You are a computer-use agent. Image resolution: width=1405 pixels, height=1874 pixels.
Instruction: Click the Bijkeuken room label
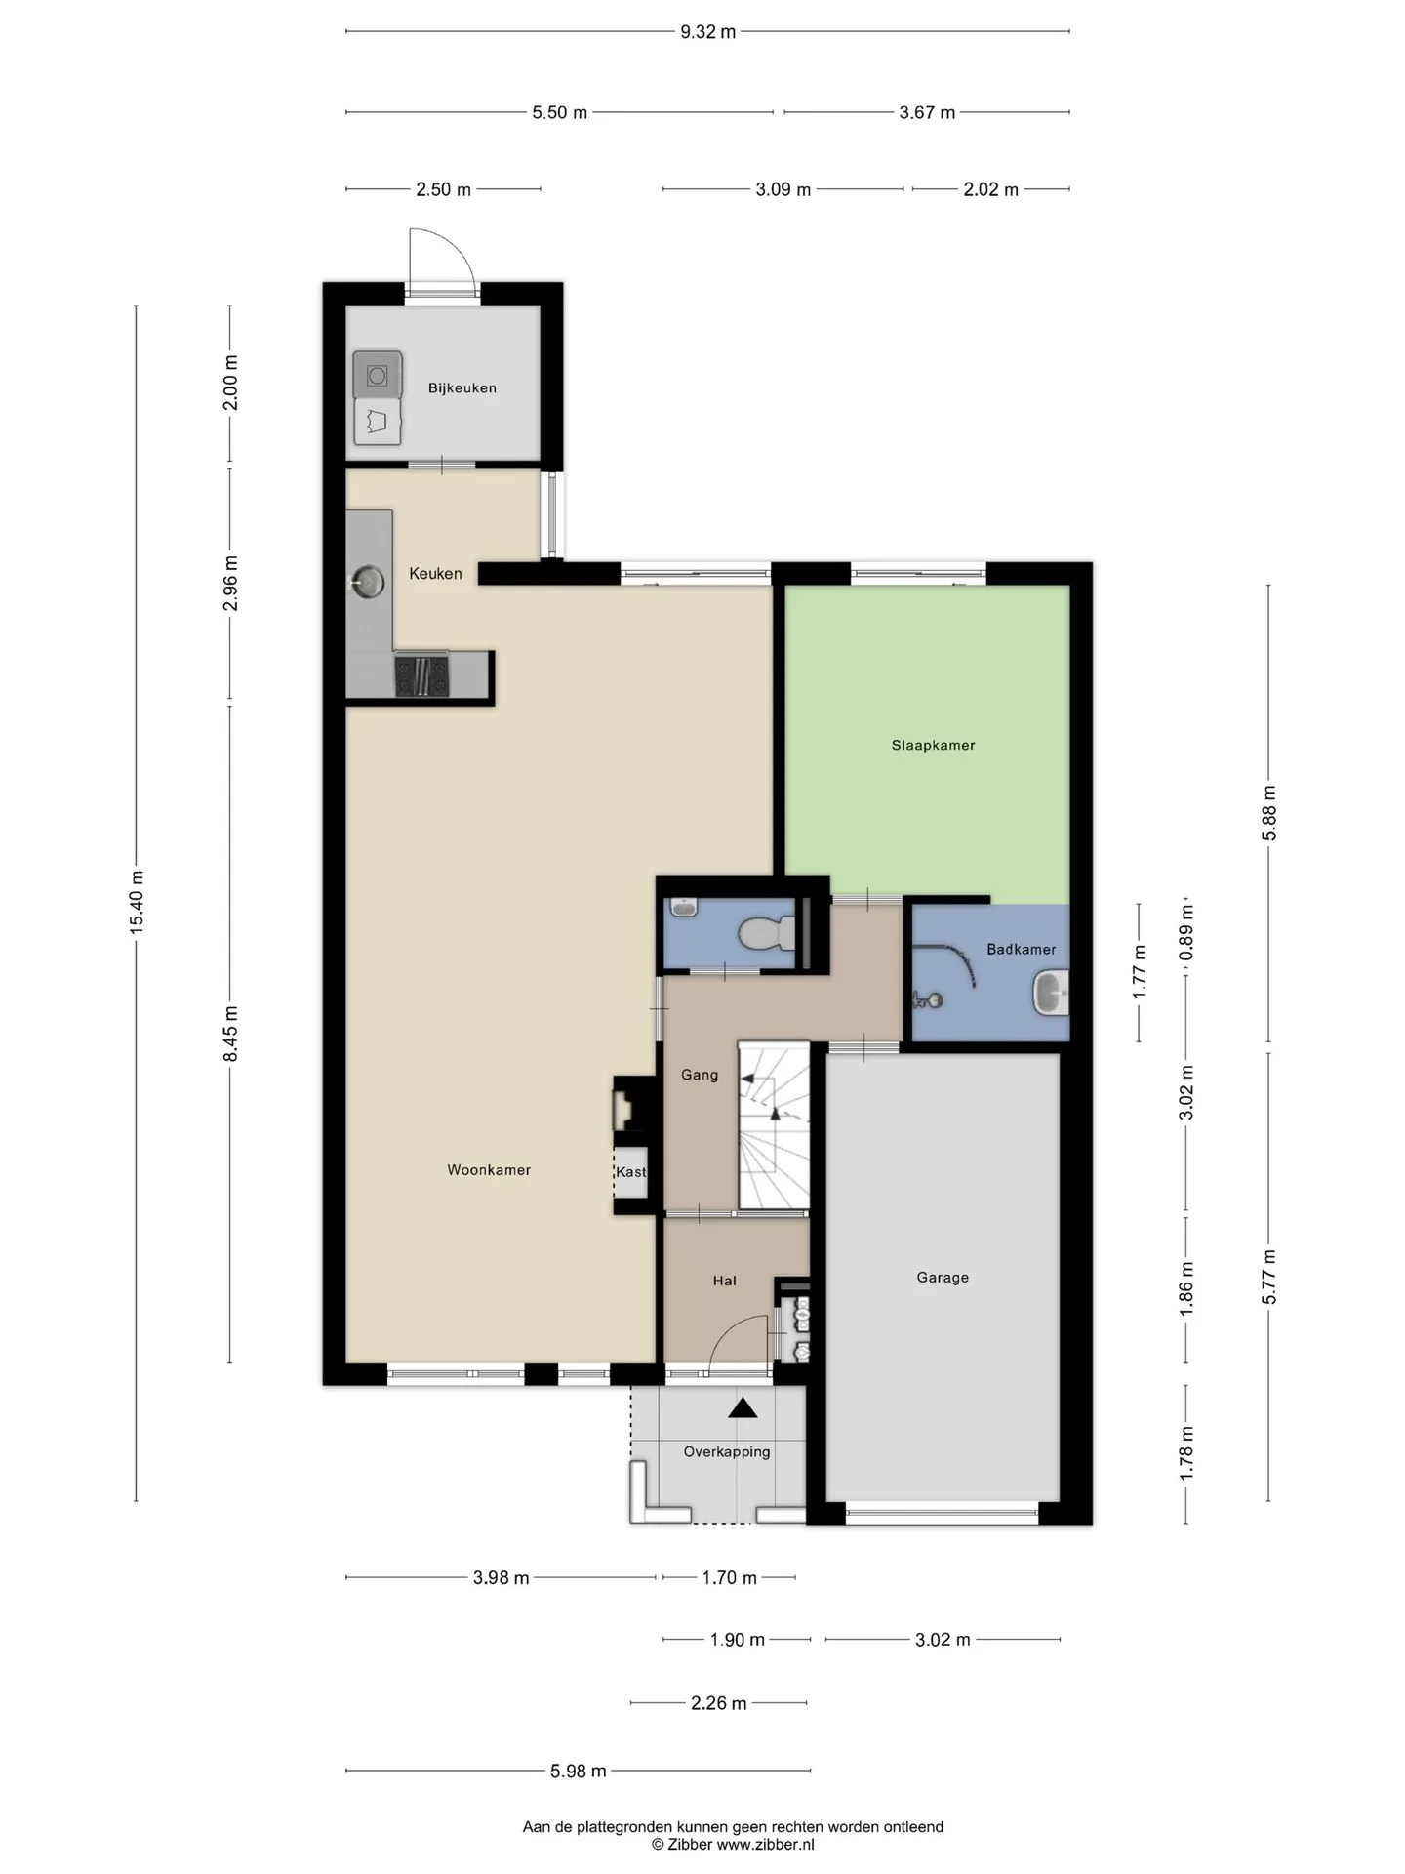462,387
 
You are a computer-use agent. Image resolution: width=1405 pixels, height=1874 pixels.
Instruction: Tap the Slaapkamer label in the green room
933,745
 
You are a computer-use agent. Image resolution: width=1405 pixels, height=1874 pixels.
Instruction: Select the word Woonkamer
489,1169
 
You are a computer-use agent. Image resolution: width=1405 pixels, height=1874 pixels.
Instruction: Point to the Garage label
943,1277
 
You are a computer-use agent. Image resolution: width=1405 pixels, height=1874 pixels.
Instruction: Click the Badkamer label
1021,949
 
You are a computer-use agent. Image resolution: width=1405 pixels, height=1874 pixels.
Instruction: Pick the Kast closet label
630,1171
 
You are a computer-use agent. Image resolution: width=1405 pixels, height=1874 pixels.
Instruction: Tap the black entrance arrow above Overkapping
743,1407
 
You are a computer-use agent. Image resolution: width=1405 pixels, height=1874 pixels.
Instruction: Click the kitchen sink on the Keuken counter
367,582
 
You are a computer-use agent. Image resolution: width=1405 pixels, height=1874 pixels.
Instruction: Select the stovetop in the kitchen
421,675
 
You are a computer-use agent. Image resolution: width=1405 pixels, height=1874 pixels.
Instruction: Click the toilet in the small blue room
765,935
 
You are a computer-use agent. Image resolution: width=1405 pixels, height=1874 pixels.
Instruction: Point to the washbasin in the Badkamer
1051,994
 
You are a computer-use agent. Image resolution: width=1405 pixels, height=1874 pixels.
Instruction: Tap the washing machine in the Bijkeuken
378,375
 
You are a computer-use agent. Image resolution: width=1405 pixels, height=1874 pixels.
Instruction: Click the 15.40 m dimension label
137,902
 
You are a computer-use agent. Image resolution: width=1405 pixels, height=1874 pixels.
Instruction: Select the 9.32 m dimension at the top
707,31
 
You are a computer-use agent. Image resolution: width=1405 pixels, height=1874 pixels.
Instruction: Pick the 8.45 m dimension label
230,1034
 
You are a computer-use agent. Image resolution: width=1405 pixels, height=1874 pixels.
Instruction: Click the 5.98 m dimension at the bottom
579,1770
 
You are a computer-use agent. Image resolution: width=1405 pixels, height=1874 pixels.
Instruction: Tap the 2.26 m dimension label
719,1703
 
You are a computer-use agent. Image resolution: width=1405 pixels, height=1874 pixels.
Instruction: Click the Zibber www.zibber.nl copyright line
733,1844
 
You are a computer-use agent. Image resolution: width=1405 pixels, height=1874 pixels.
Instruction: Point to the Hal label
724,1281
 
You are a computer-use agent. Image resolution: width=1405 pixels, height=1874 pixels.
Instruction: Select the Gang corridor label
699,1075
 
